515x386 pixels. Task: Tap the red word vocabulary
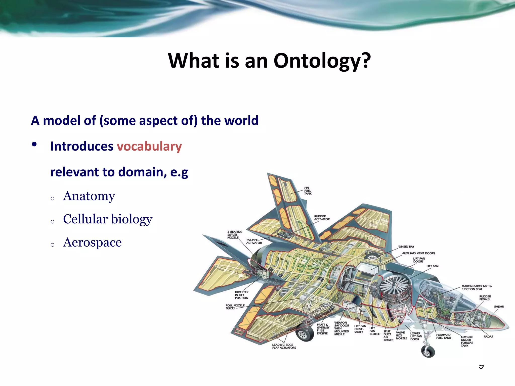[149, 147]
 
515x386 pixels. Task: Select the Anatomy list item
[89, 196]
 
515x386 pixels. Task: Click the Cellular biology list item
[108, 219]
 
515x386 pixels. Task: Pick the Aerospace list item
[92, 243]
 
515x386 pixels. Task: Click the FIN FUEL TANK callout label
[308, 191]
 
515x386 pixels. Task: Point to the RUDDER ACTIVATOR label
[322, 218]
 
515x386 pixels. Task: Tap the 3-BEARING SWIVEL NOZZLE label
[235, 235]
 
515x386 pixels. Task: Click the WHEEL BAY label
[406, 247]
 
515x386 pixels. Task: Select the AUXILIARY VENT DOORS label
[418, 253]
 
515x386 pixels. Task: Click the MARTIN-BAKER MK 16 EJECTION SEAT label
[476, 288]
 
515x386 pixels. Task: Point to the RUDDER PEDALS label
[485, 298]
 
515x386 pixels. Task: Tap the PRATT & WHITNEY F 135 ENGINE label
[323, 329]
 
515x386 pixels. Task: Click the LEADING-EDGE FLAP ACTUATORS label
[284, 346]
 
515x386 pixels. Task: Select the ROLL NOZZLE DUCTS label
[235, 307]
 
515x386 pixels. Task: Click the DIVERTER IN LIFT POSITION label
[241, 295]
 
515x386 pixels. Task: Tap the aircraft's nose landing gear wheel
[428, 351]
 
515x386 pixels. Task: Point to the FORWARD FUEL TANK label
[444, 336]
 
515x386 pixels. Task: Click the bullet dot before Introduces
[34, 144]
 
